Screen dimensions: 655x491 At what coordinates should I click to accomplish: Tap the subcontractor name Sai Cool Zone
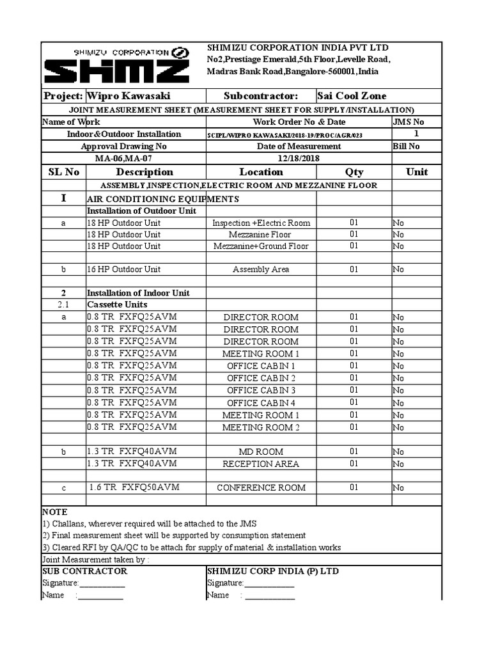[x=352, y=96]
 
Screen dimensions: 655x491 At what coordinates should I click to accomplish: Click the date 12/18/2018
[x=298, y=158]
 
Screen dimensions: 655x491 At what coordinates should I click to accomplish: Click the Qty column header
[x=354, y=172]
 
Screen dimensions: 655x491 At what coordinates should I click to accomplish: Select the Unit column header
[x=417, y=172]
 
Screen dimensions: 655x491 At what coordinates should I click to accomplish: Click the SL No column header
[x=64, y=172]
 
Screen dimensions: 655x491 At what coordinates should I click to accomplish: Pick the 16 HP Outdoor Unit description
[x=123, y=269]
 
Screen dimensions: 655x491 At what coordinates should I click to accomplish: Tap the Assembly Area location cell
[x=261, y=270]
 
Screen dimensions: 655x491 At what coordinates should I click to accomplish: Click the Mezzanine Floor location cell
[x=261, y=235]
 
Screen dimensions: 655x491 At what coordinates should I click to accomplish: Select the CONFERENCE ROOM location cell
[x=261, y=488]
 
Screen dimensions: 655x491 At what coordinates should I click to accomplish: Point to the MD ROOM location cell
[x=261, y=452]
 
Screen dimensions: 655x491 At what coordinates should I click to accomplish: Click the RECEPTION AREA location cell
[x=261, y=464]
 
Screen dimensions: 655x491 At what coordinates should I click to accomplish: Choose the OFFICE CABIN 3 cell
[x=261, y=390]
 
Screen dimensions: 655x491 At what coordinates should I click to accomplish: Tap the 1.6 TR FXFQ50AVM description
[x=134, y=487]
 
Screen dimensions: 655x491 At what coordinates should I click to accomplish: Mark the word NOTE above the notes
[x=54, y=512]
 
